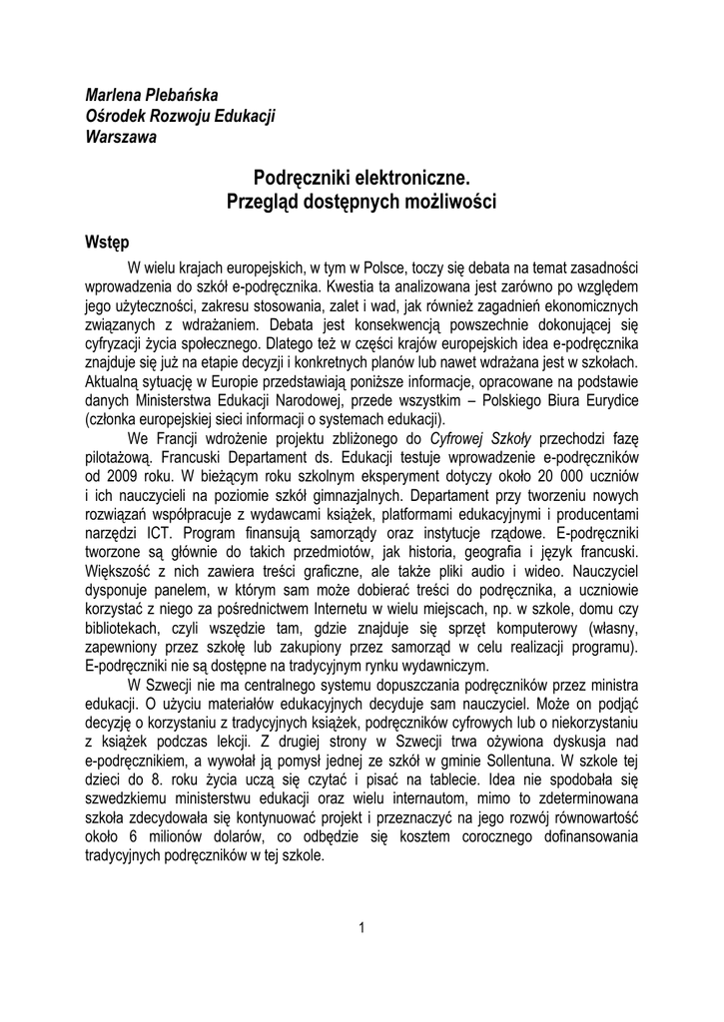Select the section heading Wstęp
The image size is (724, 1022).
(108, 243)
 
